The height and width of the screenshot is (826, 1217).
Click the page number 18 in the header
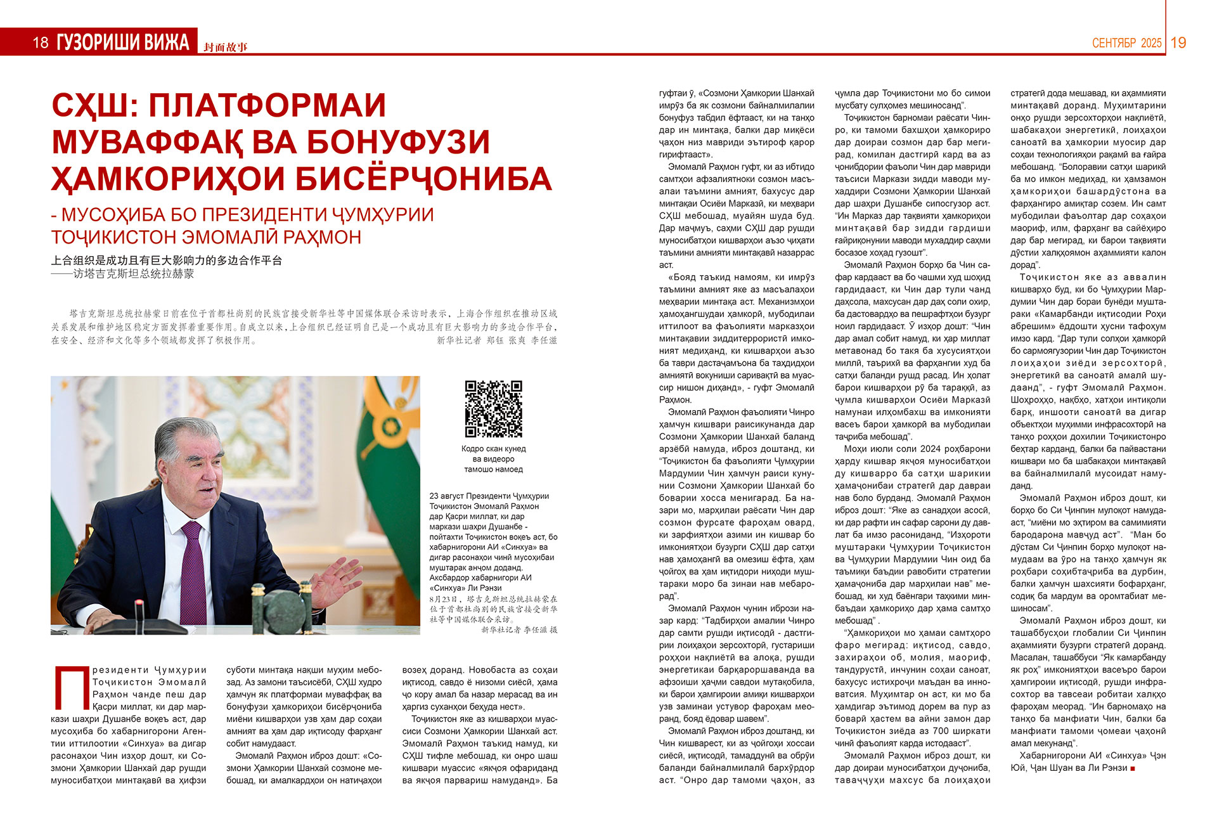[x=41, y=42]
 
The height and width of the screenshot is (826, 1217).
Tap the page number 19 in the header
[x=1178, y=42]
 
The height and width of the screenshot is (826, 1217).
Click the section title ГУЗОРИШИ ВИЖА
[x=123, y=42]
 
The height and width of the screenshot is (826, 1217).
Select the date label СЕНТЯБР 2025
[x=1126, y=43]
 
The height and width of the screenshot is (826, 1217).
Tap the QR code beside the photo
[x=493, y=409]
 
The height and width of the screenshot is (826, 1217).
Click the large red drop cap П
[x=70, y=687]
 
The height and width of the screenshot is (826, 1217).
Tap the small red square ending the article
[x=1133, y=768]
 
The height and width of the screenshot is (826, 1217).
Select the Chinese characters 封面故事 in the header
[x=226, y=47]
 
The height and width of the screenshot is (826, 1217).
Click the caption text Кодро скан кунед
[x=493, y=449]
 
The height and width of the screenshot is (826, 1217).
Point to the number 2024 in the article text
[x=930, y=449]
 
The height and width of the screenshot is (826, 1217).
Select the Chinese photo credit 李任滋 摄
[x=539, y=630]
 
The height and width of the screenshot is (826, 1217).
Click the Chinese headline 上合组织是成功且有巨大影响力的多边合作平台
[x=167, y=261]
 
